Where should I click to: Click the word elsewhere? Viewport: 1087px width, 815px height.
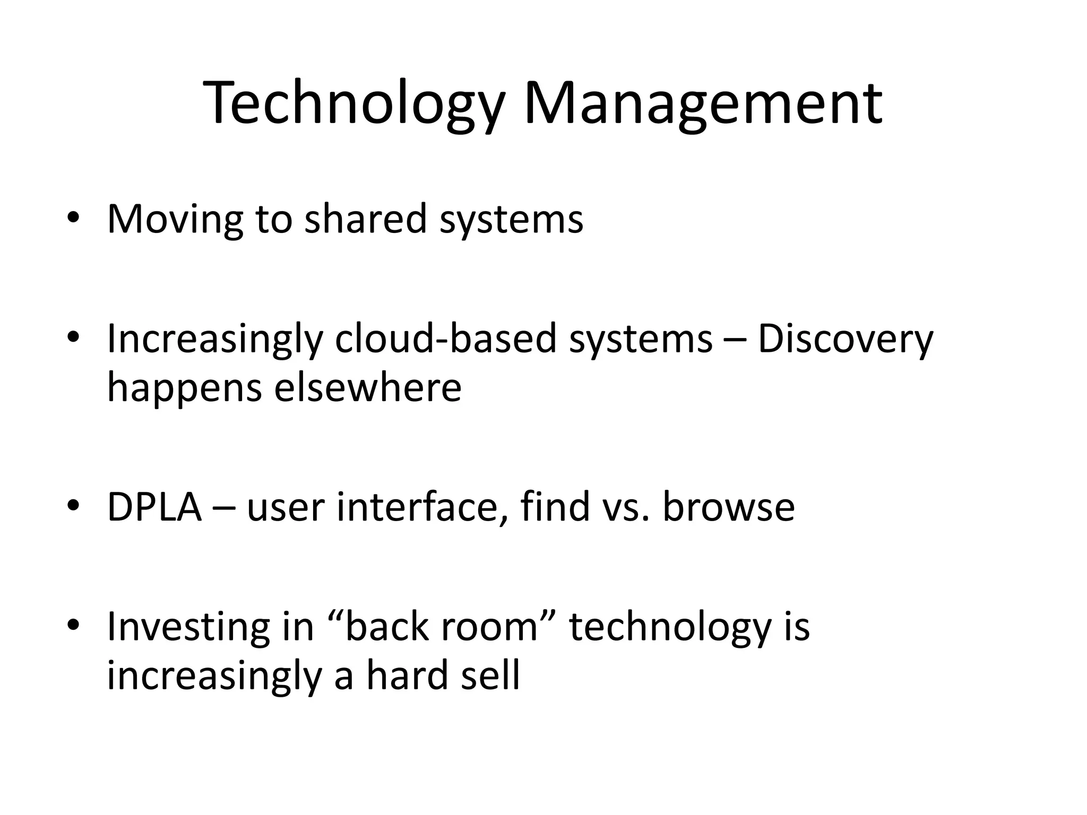point(368,387)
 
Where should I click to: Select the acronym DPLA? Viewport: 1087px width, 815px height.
point(154,507)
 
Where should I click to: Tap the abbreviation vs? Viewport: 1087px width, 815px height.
point(626,507)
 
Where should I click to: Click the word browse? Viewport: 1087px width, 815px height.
point(728,506)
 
